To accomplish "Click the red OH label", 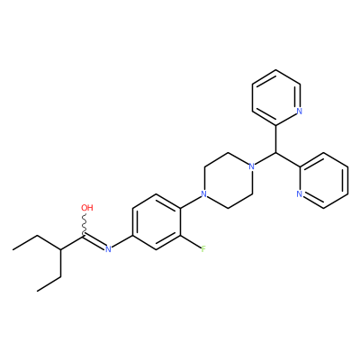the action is tap(87, 208).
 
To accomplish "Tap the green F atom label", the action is tap(203, 249).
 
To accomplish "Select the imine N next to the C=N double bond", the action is tap(108, 249).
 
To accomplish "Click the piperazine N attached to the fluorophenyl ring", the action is tap(204, 194).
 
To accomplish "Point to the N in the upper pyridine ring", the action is tap(299, 111).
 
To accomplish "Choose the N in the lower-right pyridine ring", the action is tap(299, 194).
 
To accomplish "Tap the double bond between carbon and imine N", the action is tap(94, 242).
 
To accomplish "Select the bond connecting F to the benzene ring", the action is tap(191, 242).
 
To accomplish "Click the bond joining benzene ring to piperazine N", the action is tap(191, 201).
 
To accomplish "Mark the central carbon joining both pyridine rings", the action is tap(275, 153).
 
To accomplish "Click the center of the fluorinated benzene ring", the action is tap(157, 222).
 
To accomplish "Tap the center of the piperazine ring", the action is tap(228, 180).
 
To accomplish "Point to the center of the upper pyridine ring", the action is tap(276, 97).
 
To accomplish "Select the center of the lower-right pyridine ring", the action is tap(324, 180).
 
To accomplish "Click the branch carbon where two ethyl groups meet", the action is tap(61, 249).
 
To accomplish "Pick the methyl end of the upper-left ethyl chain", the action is tap(13, 249).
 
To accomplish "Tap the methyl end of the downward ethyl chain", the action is tap(37, 291).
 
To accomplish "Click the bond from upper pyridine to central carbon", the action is tap(275, 139).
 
